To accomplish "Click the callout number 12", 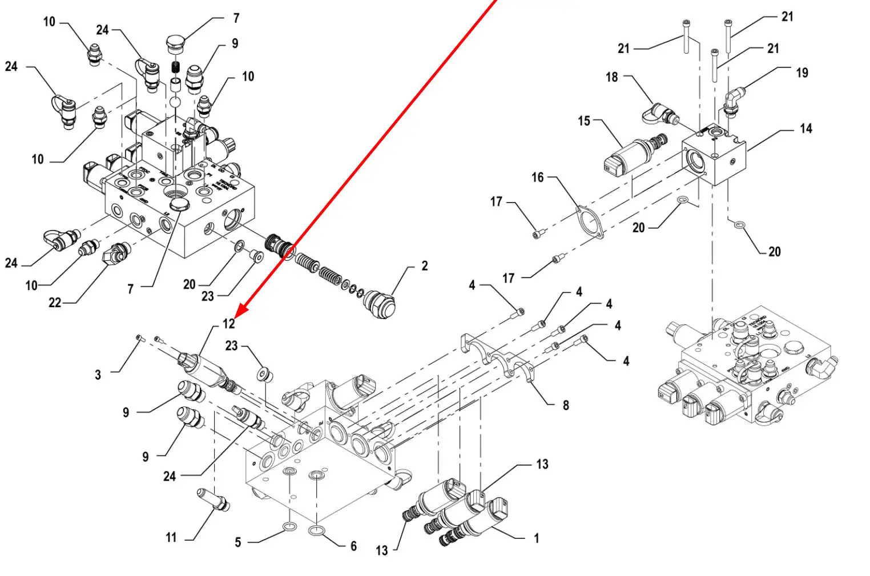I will [229, 324].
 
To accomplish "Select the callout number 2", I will [424, 266].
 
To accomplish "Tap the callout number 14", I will [805, 128].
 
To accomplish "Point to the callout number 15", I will [583, 121].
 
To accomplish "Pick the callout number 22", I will [55, 303].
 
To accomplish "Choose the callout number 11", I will [171, 537].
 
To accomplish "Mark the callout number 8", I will [565, 405].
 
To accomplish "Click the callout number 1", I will [536, 538].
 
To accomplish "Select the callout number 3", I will [98, 375].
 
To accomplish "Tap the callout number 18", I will [611, 76].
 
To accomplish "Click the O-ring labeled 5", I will [289, 526].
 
